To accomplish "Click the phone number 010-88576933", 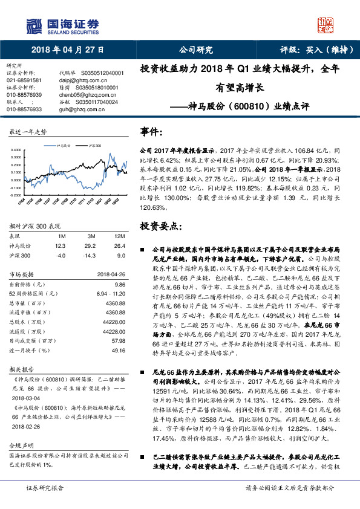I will [24, 108].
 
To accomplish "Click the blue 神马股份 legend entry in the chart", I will [64, 146].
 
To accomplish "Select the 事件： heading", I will [152, 131].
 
